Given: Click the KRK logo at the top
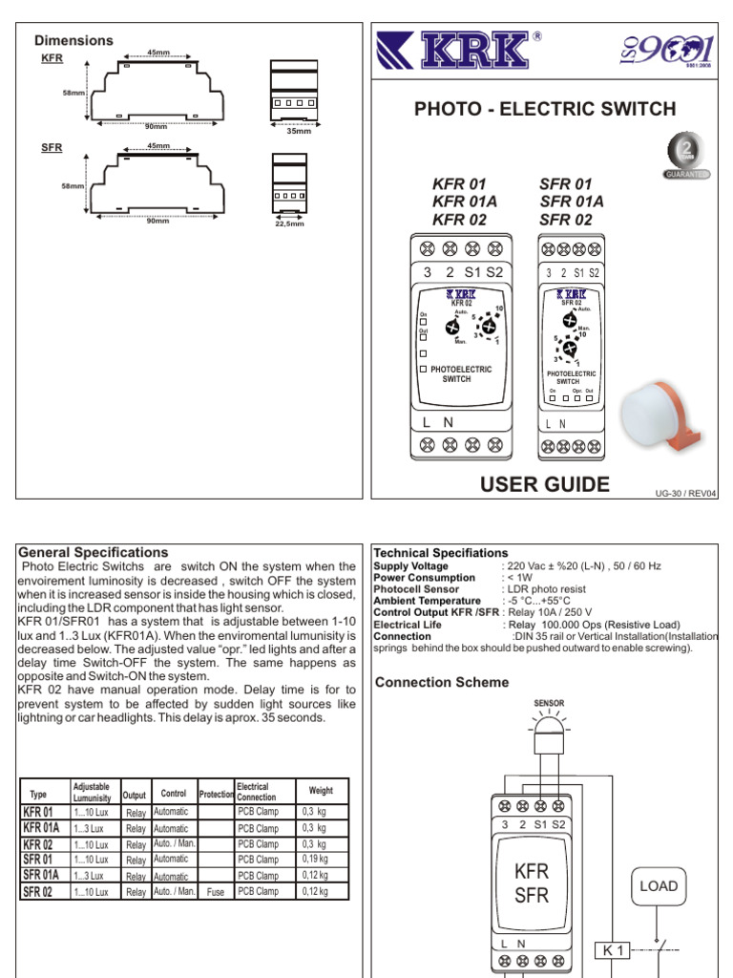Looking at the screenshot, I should pyautogui.click(x=463, y=51).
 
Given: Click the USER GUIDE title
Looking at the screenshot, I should pyautogui.click(x=546, y=484).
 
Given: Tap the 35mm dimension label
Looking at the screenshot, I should pyautogui.click(x=299, y=130).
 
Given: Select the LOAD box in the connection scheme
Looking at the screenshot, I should pyautogui.click(x=659, y=885).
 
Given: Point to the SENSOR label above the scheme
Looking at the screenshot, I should pyautogui.click(x=549, y=702).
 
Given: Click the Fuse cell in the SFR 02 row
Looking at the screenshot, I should pyautogui.click(x=216, y=891).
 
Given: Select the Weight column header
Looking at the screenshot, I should pyautogui.click(x=322, y=791).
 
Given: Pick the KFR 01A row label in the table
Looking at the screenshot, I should pyautogui.click(x=40, y=828).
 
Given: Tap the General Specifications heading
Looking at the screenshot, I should pyautogui.click(x=94, y=552).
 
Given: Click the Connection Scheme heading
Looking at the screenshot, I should pyautogui.click(x=442, y=682).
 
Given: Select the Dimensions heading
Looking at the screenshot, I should pyautogui.click(x=73, y=40).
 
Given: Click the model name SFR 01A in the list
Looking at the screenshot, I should pyautogui.click(x=572, y=201).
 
